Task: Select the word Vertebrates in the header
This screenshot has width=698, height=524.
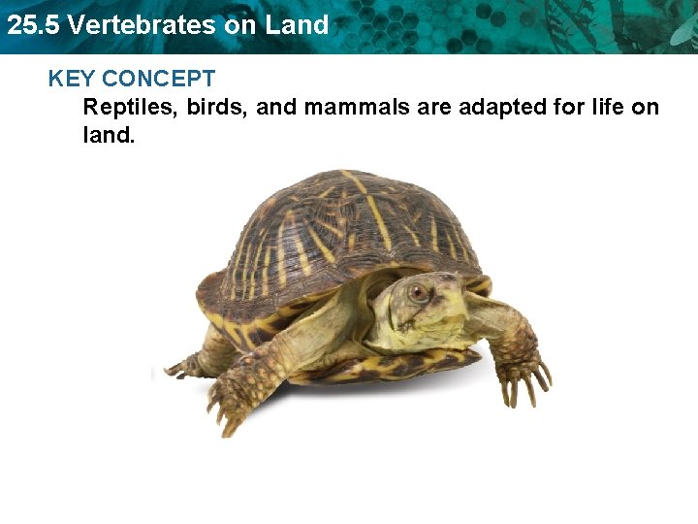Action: click(143, 25)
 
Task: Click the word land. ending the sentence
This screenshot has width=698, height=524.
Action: click(109, 135)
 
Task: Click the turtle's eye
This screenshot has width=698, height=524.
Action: click(418, 290)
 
